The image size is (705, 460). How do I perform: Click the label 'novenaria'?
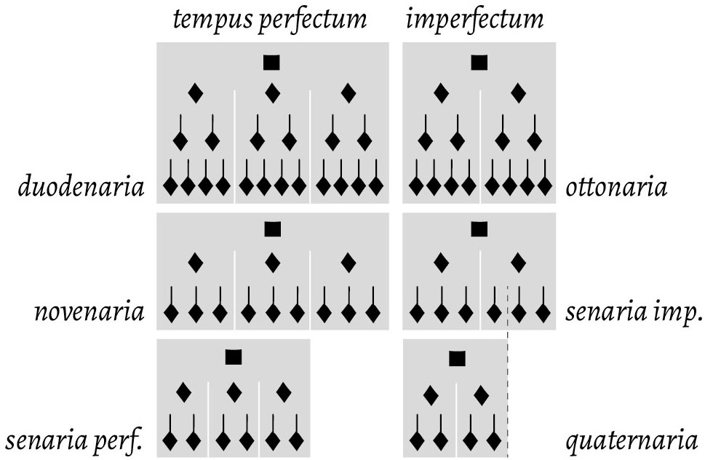pyautogui.click(x=89, y=314)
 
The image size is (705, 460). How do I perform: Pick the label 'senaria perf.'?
pyautogui.click(x=73, y=440)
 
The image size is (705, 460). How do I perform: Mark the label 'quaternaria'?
pyautogui.click(x=632, y=440)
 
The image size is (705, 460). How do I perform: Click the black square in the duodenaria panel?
pyautogui.click(x=272, y=63)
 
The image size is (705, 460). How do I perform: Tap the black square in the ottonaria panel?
pyautogui.click(x=479, y=63)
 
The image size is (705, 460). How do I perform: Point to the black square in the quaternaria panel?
pyautogui.click(x=456, y=358)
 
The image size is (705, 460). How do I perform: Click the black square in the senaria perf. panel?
pyautogui.click(x=233, y=357)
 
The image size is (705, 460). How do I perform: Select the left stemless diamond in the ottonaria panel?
pyautogui.click(x=441, y=93)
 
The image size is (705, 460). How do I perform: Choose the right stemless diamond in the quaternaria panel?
pyautogui.click(x=481, y=395)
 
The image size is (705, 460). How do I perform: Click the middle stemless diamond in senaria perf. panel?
pyautogui.click(x=234, y=393)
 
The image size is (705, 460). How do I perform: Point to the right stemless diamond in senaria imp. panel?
pyautogui.click(x=518, y=262)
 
